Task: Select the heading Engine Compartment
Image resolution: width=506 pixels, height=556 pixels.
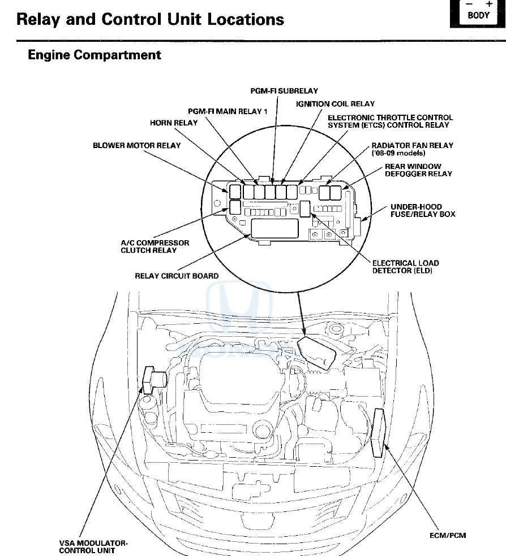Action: (95, 55)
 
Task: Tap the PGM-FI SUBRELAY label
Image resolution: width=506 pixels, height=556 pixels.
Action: (284, 90)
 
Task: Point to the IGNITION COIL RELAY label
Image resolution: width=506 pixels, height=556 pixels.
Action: (335, 104)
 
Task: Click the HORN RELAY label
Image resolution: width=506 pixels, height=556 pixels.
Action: (174, 123)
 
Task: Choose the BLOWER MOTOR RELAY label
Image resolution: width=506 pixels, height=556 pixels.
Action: (136, 145)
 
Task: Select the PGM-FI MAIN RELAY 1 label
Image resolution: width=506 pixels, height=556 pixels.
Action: (228, 111)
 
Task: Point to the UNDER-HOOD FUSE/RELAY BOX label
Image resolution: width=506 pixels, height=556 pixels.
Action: (422, 210)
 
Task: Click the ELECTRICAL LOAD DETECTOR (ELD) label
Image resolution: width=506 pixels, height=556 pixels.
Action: (405, 267)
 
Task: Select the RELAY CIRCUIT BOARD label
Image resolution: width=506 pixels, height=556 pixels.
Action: (177, 276)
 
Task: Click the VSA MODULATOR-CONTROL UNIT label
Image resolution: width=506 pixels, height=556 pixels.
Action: (93, 546)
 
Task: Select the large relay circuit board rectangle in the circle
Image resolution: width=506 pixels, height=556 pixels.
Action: (275, 229)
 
